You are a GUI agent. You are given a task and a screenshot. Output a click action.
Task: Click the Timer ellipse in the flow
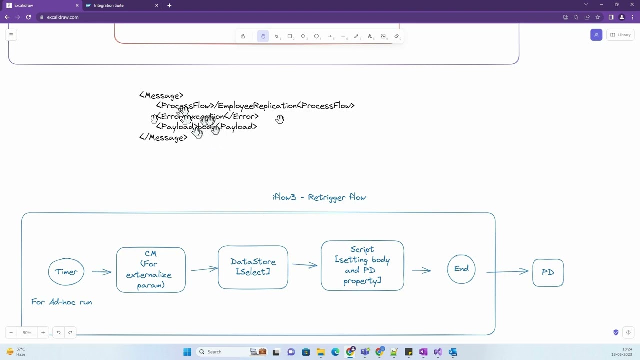[x=66, y=272]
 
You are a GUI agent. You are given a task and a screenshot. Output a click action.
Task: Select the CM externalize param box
[x=150, y=270]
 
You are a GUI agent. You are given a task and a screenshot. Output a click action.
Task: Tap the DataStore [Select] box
[x=253, y=267]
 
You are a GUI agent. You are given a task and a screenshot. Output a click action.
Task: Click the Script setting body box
[x=362, y=265]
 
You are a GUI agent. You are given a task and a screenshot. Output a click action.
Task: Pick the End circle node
[x=461, y=269]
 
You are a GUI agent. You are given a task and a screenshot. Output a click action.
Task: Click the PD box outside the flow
[x=548, y=272]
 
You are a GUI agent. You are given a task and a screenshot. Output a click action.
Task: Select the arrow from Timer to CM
[x=101, y=272]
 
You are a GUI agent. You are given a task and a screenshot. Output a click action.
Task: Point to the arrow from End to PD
[x=507, y=271]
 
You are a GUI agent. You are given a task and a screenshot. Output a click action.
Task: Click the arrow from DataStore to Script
[x=304, y=265]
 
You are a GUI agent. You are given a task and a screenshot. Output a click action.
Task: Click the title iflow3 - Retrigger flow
[x=319, y=197]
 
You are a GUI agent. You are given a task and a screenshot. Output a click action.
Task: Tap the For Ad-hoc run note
[x=62, y=302]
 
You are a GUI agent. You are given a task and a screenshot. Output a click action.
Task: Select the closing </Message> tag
[x=163, y=138]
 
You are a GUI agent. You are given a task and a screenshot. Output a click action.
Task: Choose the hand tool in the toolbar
[x=263, y=36]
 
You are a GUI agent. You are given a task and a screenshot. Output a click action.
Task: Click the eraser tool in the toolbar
[x=397, y=36]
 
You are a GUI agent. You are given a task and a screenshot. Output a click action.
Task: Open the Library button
[x=620, y=35]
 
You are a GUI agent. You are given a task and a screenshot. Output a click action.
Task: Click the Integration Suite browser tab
[x=109, y=5]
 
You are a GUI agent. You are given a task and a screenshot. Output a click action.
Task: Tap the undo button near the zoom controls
[x=58, y=332]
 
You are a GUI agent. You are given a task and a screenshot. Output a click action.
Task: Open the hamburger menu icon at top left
[x=11, y=35]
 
